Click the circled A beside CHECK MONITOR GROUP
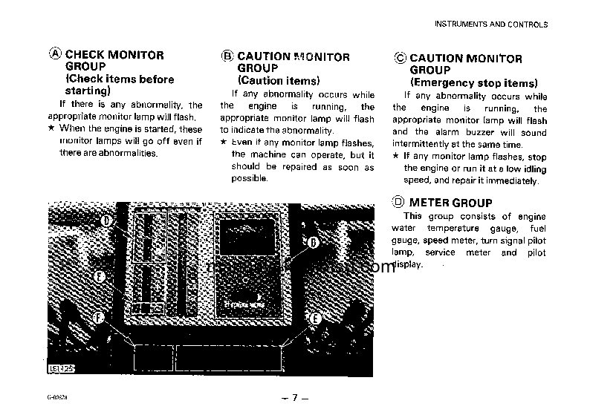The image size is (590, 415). click(x=56, y=55)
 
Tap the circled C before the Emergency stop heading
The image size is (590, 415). click(x=400, y=59)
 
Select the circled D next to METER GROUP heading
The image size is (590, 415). click(x=399, y=201)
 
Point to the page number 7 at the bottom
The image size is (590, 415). click(x=294, y=398)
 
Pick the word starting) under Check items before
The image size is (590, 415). click(x=88, y=91)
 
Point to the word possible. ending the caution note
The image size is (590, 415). click(x=249, y=179)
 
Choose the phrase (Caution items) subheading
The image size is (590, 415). click(x=279, y=80)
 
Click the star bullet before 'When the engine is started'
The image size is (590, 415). click(x=51, y=128)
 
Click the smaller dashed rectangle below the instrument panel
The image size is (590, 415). click(x=152, y=358)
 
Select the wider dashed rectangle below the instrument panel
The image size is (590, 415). click(x=229, y=358)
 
